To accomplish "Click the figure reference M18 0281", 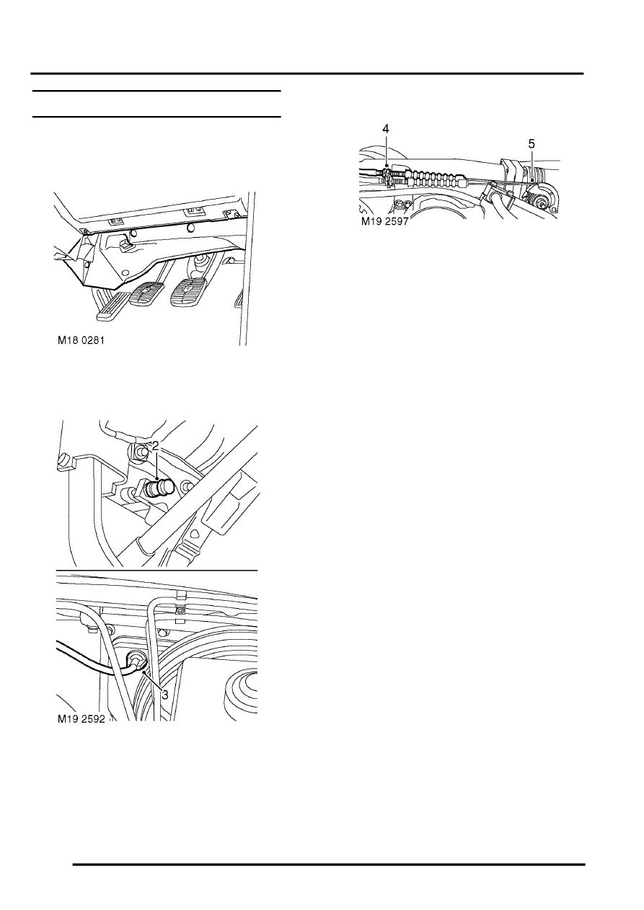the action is coord(81,340).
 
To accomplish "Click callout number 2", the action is coord(155,446).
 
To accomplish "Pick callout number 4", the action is coord(385,129).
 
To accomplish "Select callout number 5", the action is coord(531,144).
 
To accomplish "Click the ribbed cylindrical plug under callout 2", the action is coord(159,487).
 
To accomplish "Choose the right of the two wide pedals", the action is coord(188,292).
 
